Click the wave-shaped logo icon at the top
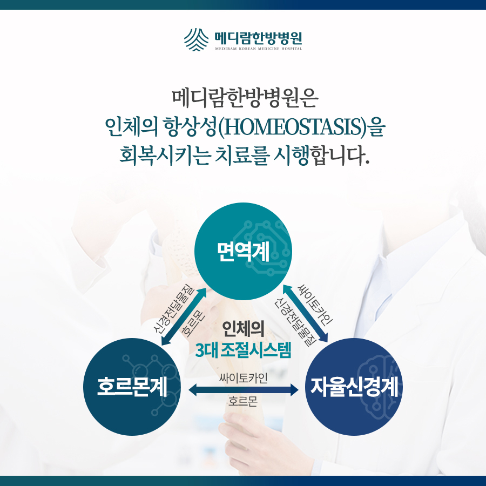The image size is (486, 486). coord(196,39)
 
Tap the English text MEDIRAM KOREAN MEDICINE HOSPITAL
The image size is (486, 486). coord(259,49)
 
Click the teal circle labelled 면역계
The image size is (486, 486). coord(244,251)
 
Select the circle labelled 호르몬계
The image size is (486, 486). coord(132,387)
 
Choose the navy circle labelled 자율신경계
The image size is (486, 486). coord(354,387)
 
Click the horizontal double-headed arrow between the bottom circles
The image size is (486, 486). coord(244,389)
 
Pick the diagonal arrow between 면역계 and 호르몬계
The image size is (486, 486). coord(184,316)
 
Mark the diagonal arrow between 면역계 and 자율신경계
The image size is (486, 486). coord(305,313)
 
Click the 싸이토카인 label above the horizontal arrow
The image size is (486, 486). coord(244,378)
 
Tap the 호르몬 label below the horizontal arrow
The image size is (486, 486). coord(243,401)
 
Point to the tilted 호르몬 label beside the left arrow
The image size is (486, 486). coord(193,323)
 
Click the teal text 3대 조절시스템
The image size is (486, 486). coord(244,350)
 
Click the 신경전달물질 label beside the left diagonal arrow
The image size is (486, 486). coord(174,308)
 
